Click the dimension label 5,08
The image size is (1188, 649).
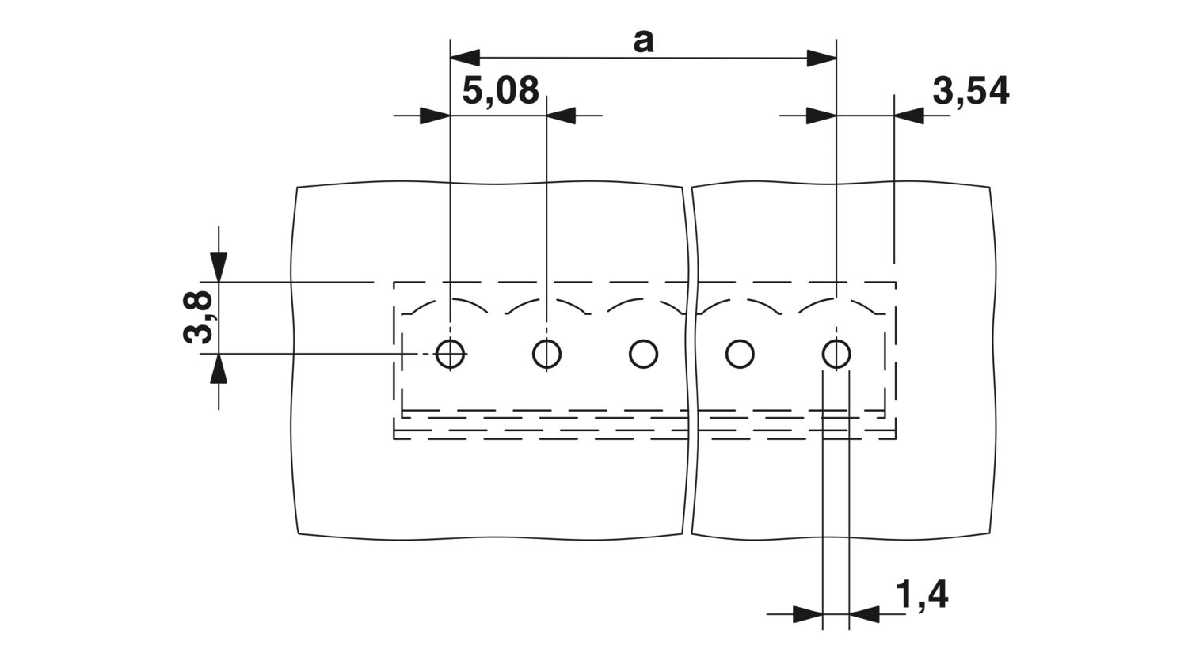point(500,90)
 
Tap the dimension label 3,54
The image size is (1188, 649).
point(970,91)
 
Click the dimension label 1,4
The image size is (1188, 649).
point(922,594)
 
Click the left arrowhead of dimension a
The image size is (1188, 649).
point(465,58)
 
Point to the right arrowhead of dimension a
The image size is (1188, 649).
point(821,58)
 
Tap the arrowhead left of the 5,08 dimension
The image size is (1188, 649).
point(435,116)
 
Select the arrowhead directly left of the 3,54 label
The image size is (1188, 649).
point(909,116)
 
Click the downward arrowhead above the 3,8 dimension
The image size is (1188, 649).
point(219,268)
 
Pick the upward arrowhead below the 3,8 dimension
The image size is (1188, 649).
point(219,368)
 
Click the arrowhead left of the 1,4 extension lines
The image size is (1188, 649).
point(808,614)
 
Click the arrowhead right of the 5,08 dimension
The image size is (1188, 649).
point(561,116)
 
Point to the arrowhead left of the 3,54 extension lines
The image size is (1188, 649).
point(821,116)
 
